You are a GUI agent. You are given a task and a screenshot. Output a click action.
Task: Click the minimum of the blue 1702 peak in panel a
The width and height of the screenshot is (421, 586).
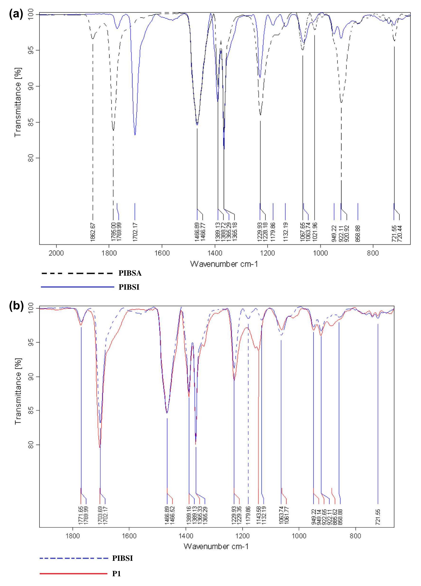point(135,134)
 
